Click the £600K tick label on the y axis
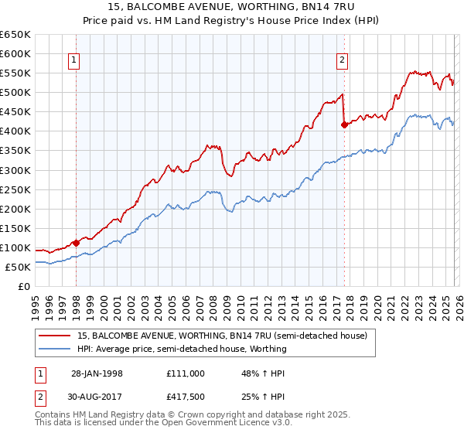tap(15, 53)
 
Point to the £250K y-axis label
tap(15, 189)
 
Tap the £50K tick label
tap(19, 267)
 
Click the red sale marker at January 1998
tap(77, 243)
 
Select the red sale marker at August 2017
tap(344, 124)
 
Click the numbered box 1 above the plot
tap(74, 61)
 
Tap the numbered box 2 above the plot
tap(342, 61)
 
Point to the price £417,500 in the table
tap(185, 397)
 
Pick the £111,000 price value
tap(185, 373)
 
